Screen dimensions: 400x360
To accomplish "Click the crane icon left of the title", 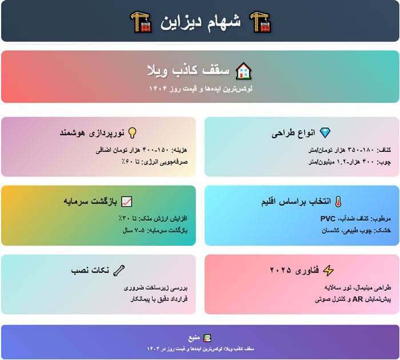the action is pyautogui.click(x=141, y=22).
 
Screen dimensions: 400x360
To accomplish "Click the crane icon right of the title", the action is pyautogui.click(x=261, y=22).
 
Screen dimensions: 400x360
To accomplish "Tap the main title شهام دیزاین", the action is pyautogui.click(x=201, y=22).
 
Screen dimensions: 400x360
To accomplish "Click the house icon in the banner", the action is pyautogui.click(x=243, y=71).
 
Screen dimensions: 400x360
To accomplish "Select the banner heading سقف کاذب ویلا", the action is pyautogui.click(x=188, y=70).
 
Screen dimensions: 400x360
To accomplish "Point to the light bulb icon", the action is pyautogui.click(x=133, y=133).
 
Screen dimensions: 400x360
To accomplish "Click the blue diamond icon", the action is pyautogui.click(x=325, y=133).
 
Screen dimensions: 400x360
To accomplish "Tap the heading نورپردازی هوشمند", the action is pyautogui.click(x=92, y=133).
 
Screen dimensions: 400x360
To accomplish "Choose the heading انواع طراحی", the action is pyautogui.click(x=293, y=133).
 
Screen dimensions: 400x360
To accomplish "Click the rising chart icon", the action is pyautogui.click(x=126, y=202).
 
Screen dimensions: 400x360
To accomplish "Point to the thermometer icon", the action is pyautogui.click(x=338, y=202).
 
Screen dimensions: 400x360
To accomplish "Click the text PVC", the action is pyautogui.click(x=328, y=219).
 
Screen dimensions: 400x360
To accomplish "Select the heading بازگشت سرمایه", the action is pyautogui.click(x=90, y=202).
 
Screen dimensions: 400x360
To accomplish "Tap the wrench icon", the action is pyautogui.click(x=119, y=270).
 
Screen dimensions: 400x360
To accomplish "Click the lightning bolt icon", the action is pyautogui.click(x=329, y=270).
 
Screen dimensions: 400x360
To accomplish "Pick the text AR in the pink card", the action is pyautogui.click(x=358, y=299).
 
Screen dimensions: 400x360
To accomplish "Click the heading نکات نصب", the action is pyautogui.click(x=90, y=270).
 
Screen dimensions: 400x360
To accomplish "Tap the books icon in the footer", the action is pyautogui.click(x=207, y=338).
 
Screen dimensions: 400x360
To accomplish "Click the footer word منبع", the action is pyautogui.click(x=194, y=338).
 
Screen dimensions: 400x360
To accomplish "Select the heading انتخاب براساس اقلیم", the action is pyautogui.click(x=296, y=202).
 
